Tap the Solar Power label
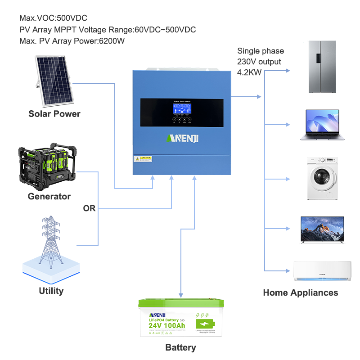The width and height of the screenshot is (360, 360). (54, 114)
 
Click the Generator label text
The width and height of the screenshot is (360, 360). (49, 197)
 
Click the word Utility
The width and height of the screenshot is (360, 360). (51, 291)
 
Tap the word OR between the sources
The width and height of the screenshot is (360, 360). (90, 208)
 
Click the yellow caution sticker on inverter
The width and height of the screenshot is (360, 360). (143, 159)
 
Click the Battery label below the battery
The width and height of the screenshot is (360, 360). (180, 347)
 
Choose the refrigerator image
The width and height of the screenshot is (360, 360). (322, 67)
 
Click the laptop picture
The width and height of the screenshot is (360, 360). (322, 125)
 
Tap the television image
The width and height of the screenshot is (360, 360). (322, 230)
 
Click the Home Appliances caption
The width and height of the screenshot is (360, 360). (300, 292)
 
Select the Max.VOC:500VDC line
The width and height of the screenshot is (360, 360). (53, 18)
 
